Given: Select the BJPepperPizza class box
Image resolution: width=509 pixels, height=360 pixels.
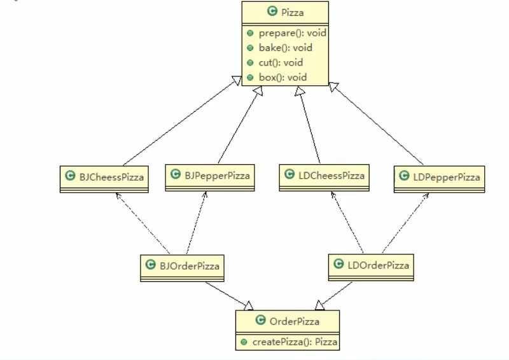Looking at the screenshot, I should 211,174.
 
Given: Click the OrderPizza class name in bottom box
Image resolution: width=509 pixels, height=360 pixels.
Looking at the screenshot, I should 295,321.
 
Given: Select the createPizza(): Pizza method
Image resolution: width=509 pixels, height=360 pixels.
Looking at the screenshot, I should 295,342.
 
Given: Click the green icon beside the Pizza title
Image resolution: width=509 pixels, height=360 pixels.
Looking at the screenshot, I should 272,11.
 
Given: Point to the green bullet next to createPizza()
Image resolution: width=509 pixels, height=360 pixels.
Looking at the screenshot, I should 244,342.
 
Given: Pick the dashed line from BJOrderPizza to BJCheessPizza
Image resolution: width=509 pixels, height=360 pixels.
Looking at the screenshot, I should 143,222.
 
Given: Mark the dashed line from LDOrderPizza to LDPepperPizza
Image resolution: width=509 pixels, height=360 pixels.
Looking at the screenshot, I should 404,223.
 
